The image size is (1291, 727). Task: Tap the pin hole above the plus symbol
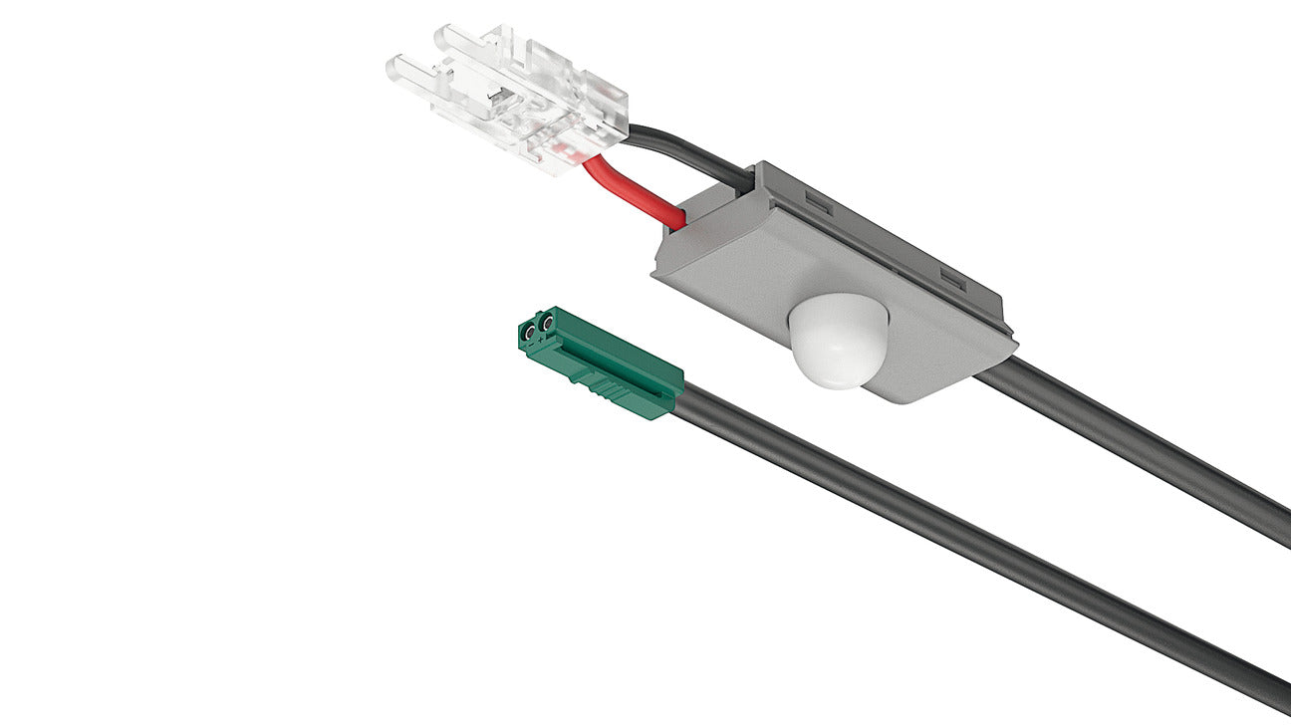point(547,324)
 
